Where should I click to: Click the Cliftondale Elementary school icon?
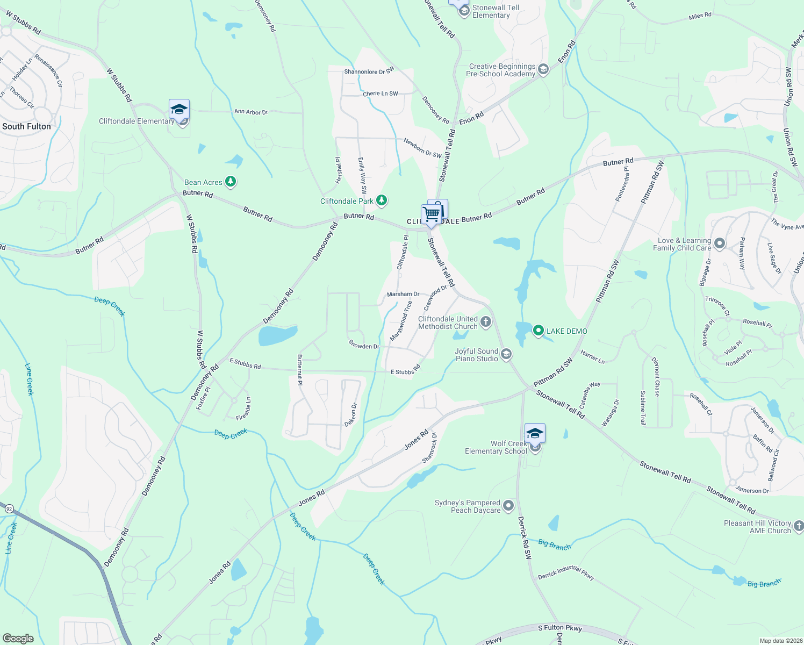click(x=179, y=110)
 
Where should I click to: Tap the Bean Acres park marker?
click(x=231, y=182)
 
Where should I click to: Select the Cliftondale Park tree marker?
click(x=382, y=201)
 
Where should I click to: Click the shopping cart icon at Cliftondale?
click(x=432, y=214)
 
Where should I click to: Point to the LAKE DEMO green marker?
click(x=539, y=331)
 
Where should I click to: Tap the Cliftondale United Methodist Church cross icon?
click(x=486, y=322)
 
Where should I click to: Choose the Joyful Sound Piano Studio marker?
click(x=506, y=354)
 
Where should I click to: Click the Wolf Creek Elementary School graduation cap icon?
click(x=535, y=434)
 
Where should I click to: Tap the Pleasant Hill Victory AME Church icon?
click(x=799, y=526)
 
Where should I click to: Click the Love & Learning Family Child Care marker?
click(x=720, y=244)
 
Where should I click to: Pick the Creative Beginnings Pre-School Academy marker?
click(x=543, y=70)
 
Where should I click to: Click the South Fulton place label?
click(x=26, y=126)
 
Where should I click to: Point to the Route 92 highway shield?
click(x=9, y=508)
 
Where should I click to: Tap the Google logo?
click(x=18, y=639)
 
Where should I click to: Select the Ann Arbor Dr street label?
click(x=251, y=112)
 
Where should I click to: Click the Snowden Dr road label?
click(x=364, y=346)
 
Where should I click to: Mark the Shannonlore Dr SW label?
click(x=369, y=71)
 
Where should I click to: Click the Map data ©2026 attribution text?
click(x=780, y=641)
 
